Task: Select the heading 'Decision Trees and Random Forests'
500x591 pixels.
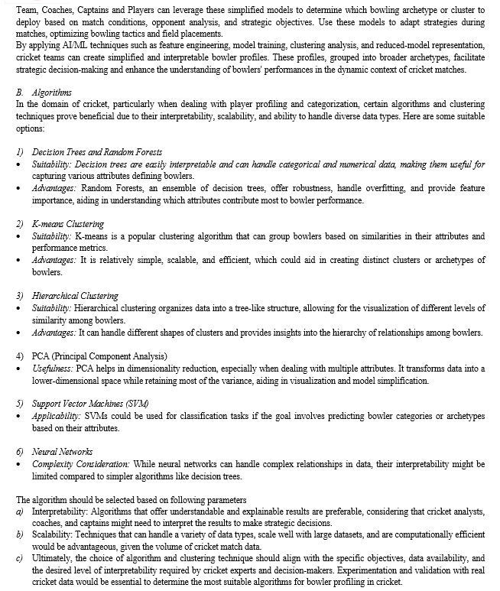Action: pos(97,152)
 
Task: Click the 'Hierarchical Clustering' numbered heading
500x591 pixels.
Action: pos(75,295)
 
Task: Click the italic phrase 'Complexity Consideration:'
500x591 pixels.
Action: pos(81,463)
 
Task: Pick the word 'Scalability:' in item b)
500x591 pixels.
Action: pos(50,535)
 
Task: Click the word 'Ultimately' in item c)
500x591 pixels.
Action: pos(50,559)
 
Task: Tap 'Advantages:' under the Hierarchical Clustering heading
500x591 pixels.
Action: pos(54,332)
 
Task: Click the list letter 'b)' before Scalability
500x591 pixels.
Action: pos(21,535)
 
